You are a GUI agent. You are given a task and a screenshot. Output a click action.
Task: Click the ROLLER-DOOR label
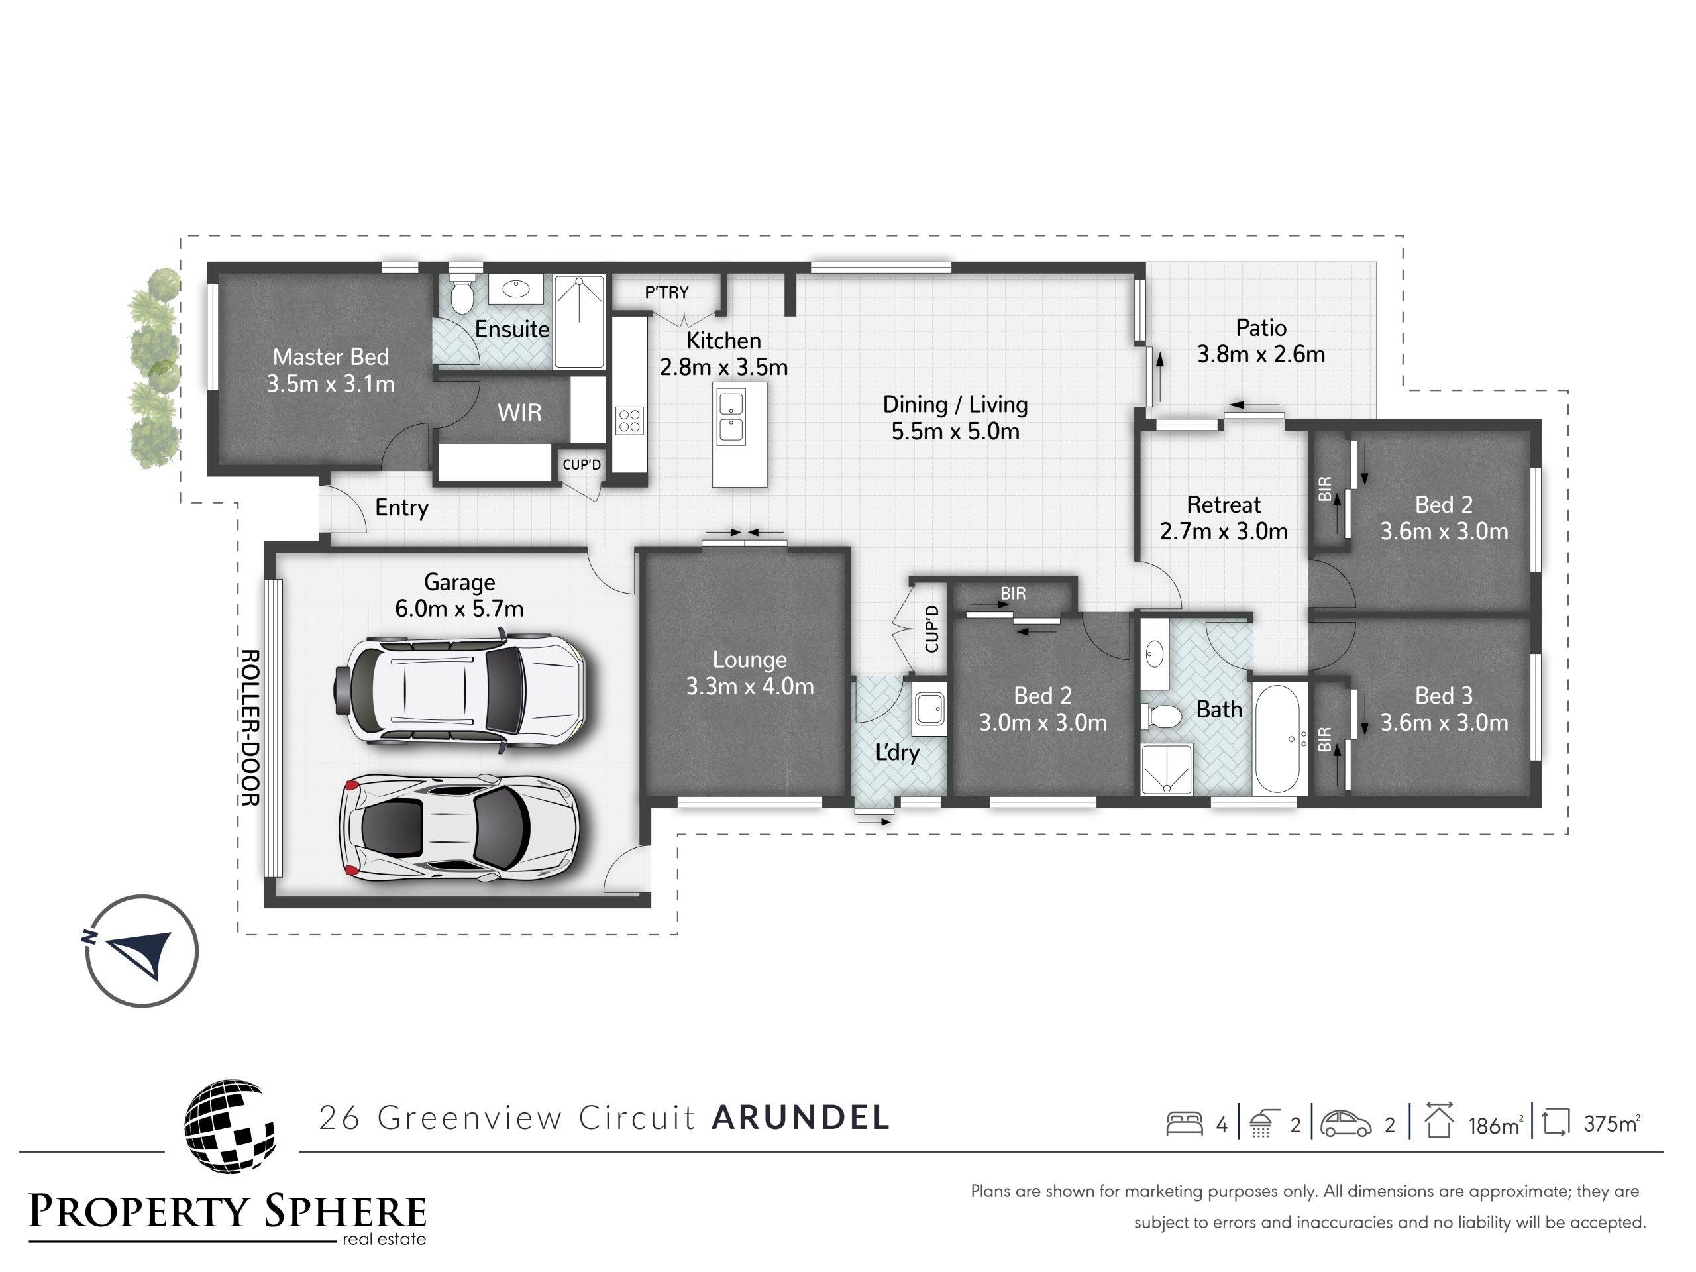tap(250, 727)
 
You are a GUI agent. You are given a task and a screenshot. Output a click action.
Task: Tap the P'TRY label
tap(666, 292)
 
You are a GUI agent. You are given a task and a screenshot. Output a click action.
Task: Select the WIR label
tap(519, 413)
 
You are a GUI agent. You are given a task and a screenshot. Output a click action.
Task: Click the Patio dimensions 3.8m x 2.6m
tap(1261, 354)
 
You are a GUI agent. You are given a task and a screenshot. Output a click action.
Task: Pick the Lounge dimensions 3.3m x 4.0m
tap(750, 686)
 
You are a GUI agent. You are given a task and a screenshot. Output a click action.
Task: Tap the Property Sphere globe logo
tap(229, 1126)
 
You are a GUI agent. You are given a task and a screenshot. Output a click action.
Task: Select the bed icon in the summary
tap(1184, 1124)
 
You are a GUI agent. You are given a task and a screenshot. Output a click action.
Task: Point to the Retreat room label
tap(1224, 505)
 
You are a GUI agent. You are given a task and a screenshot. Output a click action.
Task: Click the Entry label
tap(401, 507)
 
